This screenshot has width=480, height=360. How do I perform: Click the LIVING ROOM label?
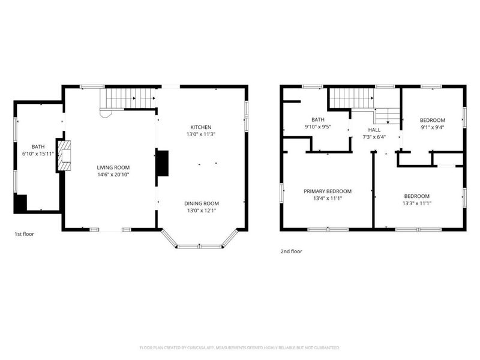click(113, 167)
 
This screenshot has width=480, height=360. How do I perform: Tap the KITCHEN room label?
click(201, 127)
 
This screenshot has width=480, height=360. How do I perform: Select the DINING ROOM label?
click(202, 203)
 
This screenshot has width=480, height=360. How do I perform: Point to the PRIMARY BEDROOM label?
click(328, 191)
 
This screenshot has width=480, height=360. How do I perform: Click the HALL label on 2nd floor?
click(374, 130)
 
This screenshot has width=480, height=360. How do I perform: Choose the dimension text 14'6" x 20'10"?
click(113, 175)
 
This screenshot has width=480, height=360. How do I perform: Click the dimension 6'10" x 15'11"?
click(38, 154)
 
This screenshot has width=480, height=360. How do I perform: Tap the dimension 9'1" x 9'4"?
click(432, 127)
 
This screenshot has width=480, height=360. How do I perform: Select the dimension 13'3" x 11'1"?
click(417, 203)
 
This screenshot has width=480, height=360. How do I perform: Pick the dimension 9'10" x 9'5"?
click(318, 127)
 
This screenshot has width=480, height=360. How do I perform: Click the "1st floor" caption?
click(25, 234)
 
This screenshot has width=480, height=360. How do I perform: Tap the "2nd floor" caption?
click(292, 251)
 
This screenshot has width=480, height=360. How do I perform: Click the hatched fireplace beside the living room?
click(64, 155)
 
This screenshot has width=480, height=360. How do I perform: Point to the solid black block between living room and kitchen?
click(163, 163)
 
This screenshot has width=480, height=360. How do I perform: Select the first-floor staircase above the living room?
click(128, 98)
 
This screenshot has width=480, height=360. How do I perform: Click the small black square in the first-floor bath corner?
click(21, 203)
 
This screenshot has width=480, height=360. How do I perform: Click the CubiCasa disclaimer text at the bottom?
click(239, 348)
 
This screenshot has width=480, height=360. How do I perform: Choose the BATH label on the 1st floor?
click(38, 147)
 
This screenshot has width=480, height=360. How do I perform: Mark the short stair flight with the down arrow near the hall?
click(388, 116)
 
